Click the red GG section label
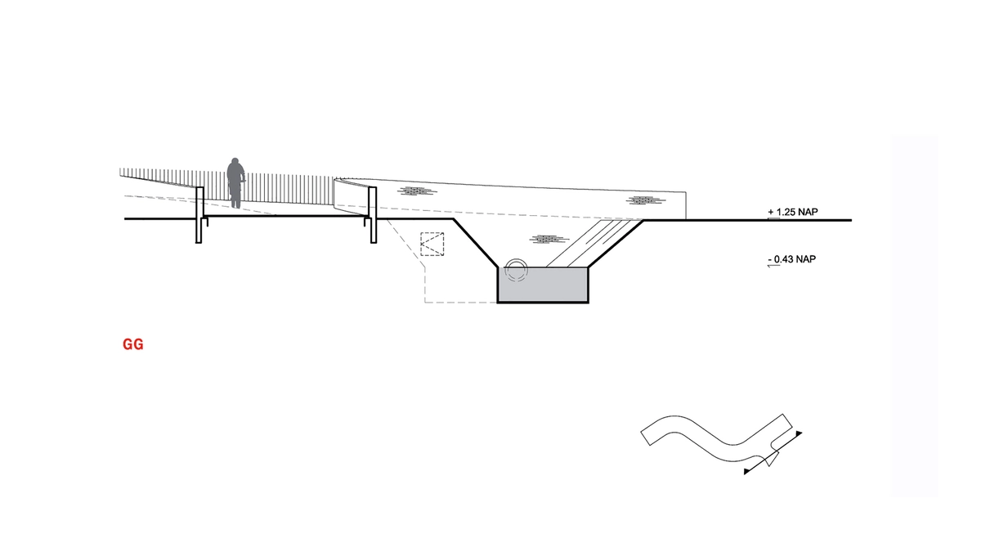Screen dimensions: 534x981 [133, 345]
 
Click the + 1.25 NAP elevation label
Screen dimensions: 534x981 [793, 212]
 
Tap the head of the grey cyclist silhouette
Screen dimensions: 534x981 [235, 162]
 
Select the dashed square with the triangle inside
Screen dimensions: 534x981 [432, 245]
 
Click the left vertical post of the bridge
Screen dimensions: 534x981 [199, 214]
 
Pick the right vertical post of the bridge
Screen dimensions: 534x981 [373, 214]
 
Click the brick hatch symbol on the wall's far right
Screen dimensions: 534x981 [643, 200]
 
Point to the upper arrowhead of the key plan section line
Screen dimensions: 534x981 [799, 433]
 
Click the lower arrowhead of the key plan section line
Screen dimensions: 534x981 [747, 472]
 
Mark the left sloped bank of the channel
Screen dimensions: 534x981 [477, 244]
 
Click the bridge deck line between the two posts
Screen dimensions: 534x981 [286, 217]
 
